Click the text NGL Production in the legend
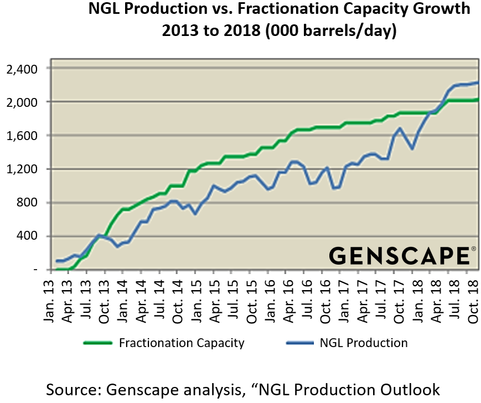(364, 343)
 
